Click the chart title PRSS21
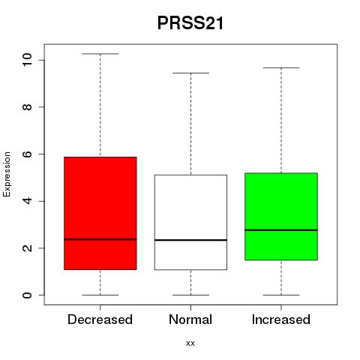tap(190, 23)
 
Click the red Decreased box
tap(100, 213)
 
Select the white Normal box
tap(190, 222)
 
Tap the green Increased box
tap(281, 217)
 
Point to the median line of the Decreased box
tap(100, 239)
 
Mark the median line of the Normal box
tap(190, 240)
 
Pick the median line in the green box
tap(281, 230)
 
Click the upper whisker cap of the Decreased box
tap(100, 54)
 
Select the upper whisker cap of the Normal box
tap(190, 73)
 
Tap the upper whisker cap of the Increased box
tap(281, 67)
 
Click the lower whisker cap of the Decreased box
tap(100, 295)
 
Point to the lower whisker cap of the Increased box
tap(281, 295)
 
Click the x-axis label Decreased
tap(100, 319)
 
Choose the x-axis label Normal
tap(190, 319)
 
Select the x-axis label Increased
tap(281, 319)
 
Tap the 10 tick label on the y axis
tap(27, 60)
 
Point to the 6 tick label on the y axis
tap(27, 154)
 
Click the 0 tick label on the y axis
tap(27, 295)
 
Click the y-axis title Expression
tap(7, 175)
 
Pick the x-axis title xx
tap(190, 343)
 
